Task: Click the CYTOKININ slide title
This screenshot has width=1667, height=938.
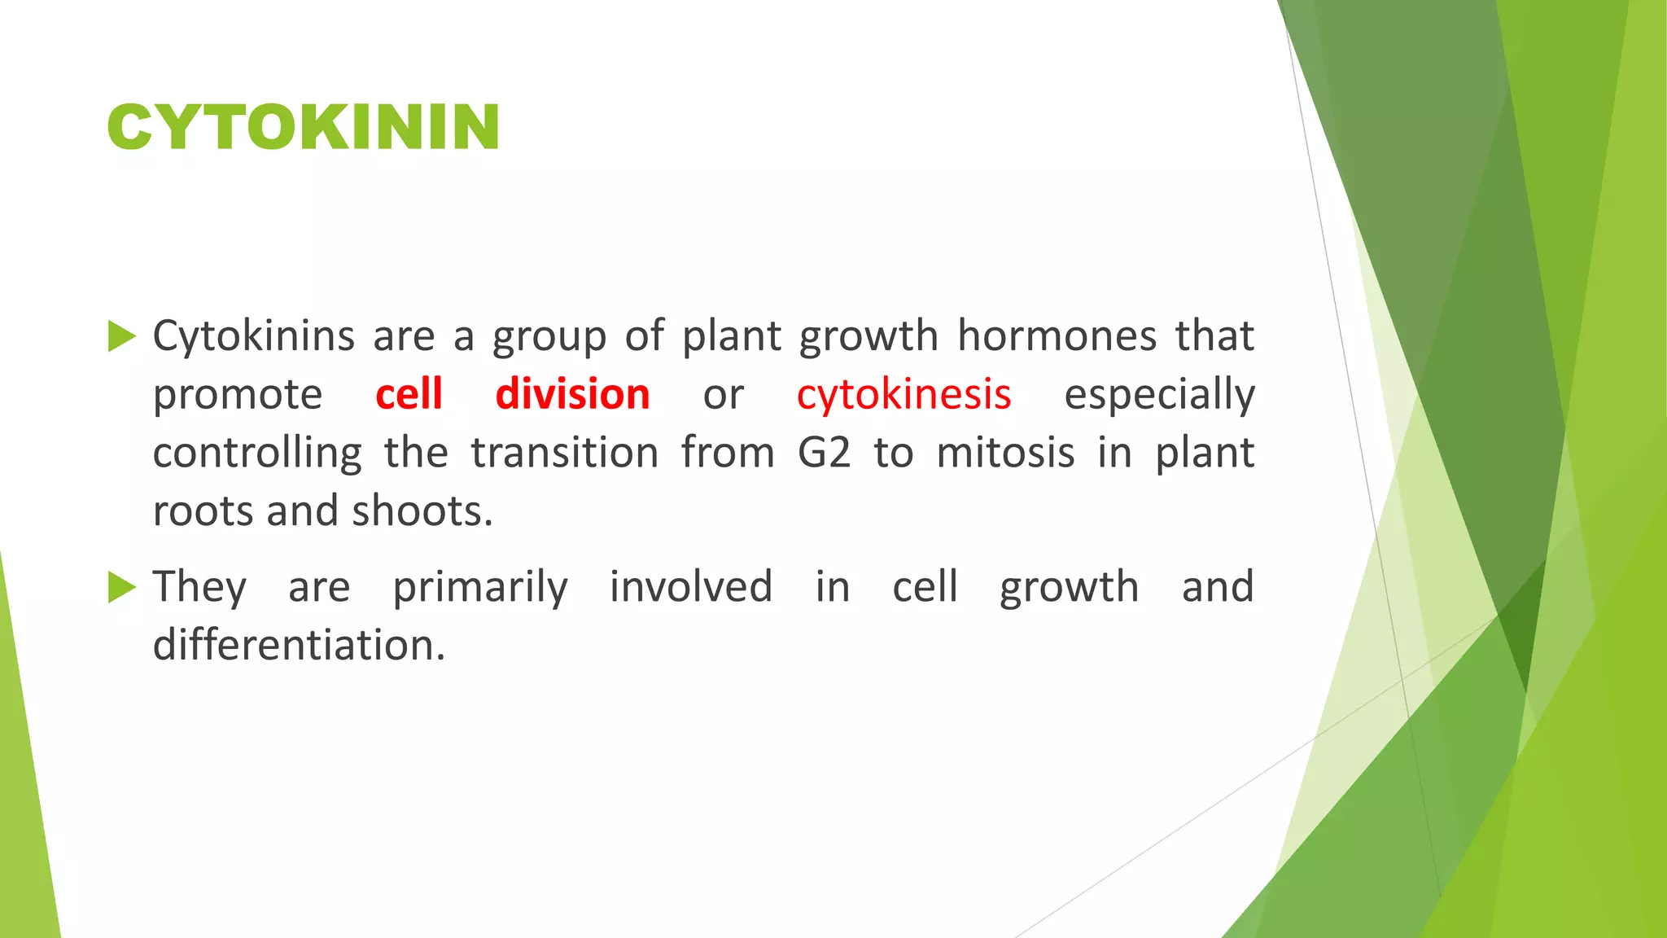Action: [303, 128]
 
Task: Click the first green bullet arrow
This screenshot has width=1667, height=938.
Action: [121, 336]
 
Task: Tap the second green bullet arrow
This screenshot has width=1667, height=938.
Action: [121, 587]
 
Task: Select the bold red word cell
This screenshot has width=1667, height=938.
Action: [409, 395]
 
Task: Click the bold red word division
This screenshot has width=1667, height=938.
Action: [572, 395]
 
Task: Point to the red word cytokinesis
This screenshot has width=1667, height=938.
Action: [904, 395]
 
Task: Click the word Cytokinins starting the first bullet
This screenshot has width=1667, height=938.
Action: [253, 336]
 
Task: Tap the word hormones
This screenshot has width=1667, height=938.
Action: [1056, 336]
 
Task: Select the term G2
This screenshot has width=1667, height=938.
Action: [824, 454]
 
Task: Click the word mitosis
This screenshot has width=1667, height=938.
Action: [1005, 454]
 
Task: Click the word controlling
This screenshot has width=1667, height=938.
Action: [257, 454]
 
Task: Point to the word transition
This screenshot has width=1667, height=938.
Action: [564, 454]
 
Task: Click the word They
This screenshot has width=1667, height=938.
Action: [199, 587]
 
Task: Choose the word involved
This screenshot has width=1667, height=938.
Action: [691, 587]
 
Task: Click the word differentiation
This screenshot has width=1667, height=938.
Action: [299, 646]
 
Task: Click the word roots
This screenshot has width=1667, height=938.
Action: [199, 512]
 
